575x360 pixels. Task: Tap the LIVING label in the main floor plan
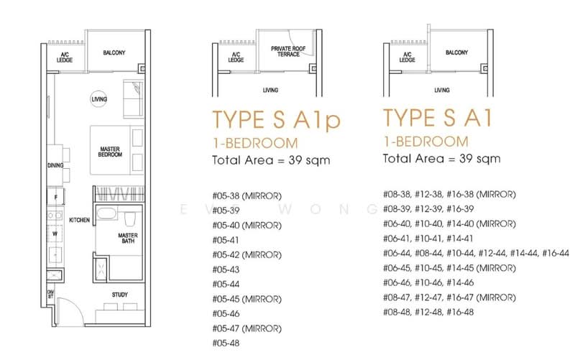98,99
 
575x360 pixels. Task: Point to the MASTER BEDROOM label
110,152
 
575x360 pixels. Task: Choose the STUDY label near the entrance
119,295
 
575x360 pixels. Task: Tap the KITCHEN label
79,220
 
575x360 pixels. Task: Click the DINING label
55,165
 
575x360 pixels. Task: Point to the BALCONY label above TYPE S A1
457,52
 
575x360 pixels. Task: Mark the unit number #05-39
229,210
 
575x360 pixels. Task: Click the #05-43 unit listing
229,269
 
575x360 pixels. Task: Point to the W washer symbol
55,233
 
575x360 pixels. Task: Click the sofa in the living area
132,100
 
